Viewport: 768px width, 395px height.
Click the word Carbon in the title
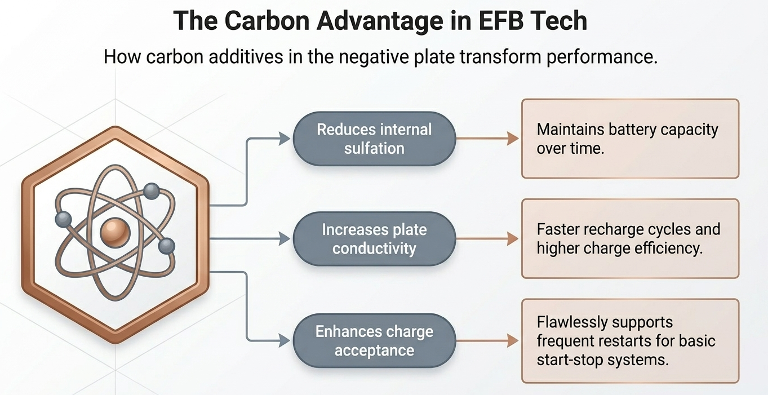click(267, 21)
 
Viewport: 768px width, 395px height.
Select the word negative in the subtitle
click(374, 57)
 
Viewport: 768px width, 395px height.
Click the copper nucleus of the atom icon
click(115, 233)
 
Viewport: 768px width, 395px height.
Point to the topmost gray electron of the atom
click(151, 191)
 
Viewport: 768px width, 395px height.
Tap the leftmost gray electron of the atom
click(64, 219)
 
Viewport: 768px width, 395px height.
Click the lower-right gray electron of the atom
click(167, 246)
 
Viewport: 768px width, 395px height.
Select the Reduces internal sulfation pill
click(374, 139)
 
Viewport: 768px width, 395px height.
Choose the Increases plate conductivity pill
click(374, 239)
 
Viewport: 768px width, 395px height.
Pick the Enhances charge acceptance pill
click(374, 341)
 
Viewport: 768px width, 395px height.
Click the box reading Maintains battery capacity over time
click(630, 139)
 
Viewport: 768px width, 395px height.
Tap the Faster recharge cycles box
click(630, 239)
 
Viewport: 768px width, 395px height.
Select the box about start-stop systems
click(630, 341)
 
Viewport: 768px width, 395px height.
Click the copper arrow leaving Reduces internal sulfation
click(487, 139)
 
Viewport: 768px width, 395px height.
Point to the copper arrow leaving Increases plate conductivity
click(487, 239)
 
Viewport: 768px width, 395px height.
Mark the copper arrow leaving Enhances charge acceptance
click(487, 341)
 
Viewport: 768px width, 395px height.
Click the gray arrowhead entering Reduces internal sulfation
click(285, 139)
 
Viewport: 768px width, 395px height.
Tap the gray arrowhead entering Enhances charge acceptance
click(285, 341)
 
